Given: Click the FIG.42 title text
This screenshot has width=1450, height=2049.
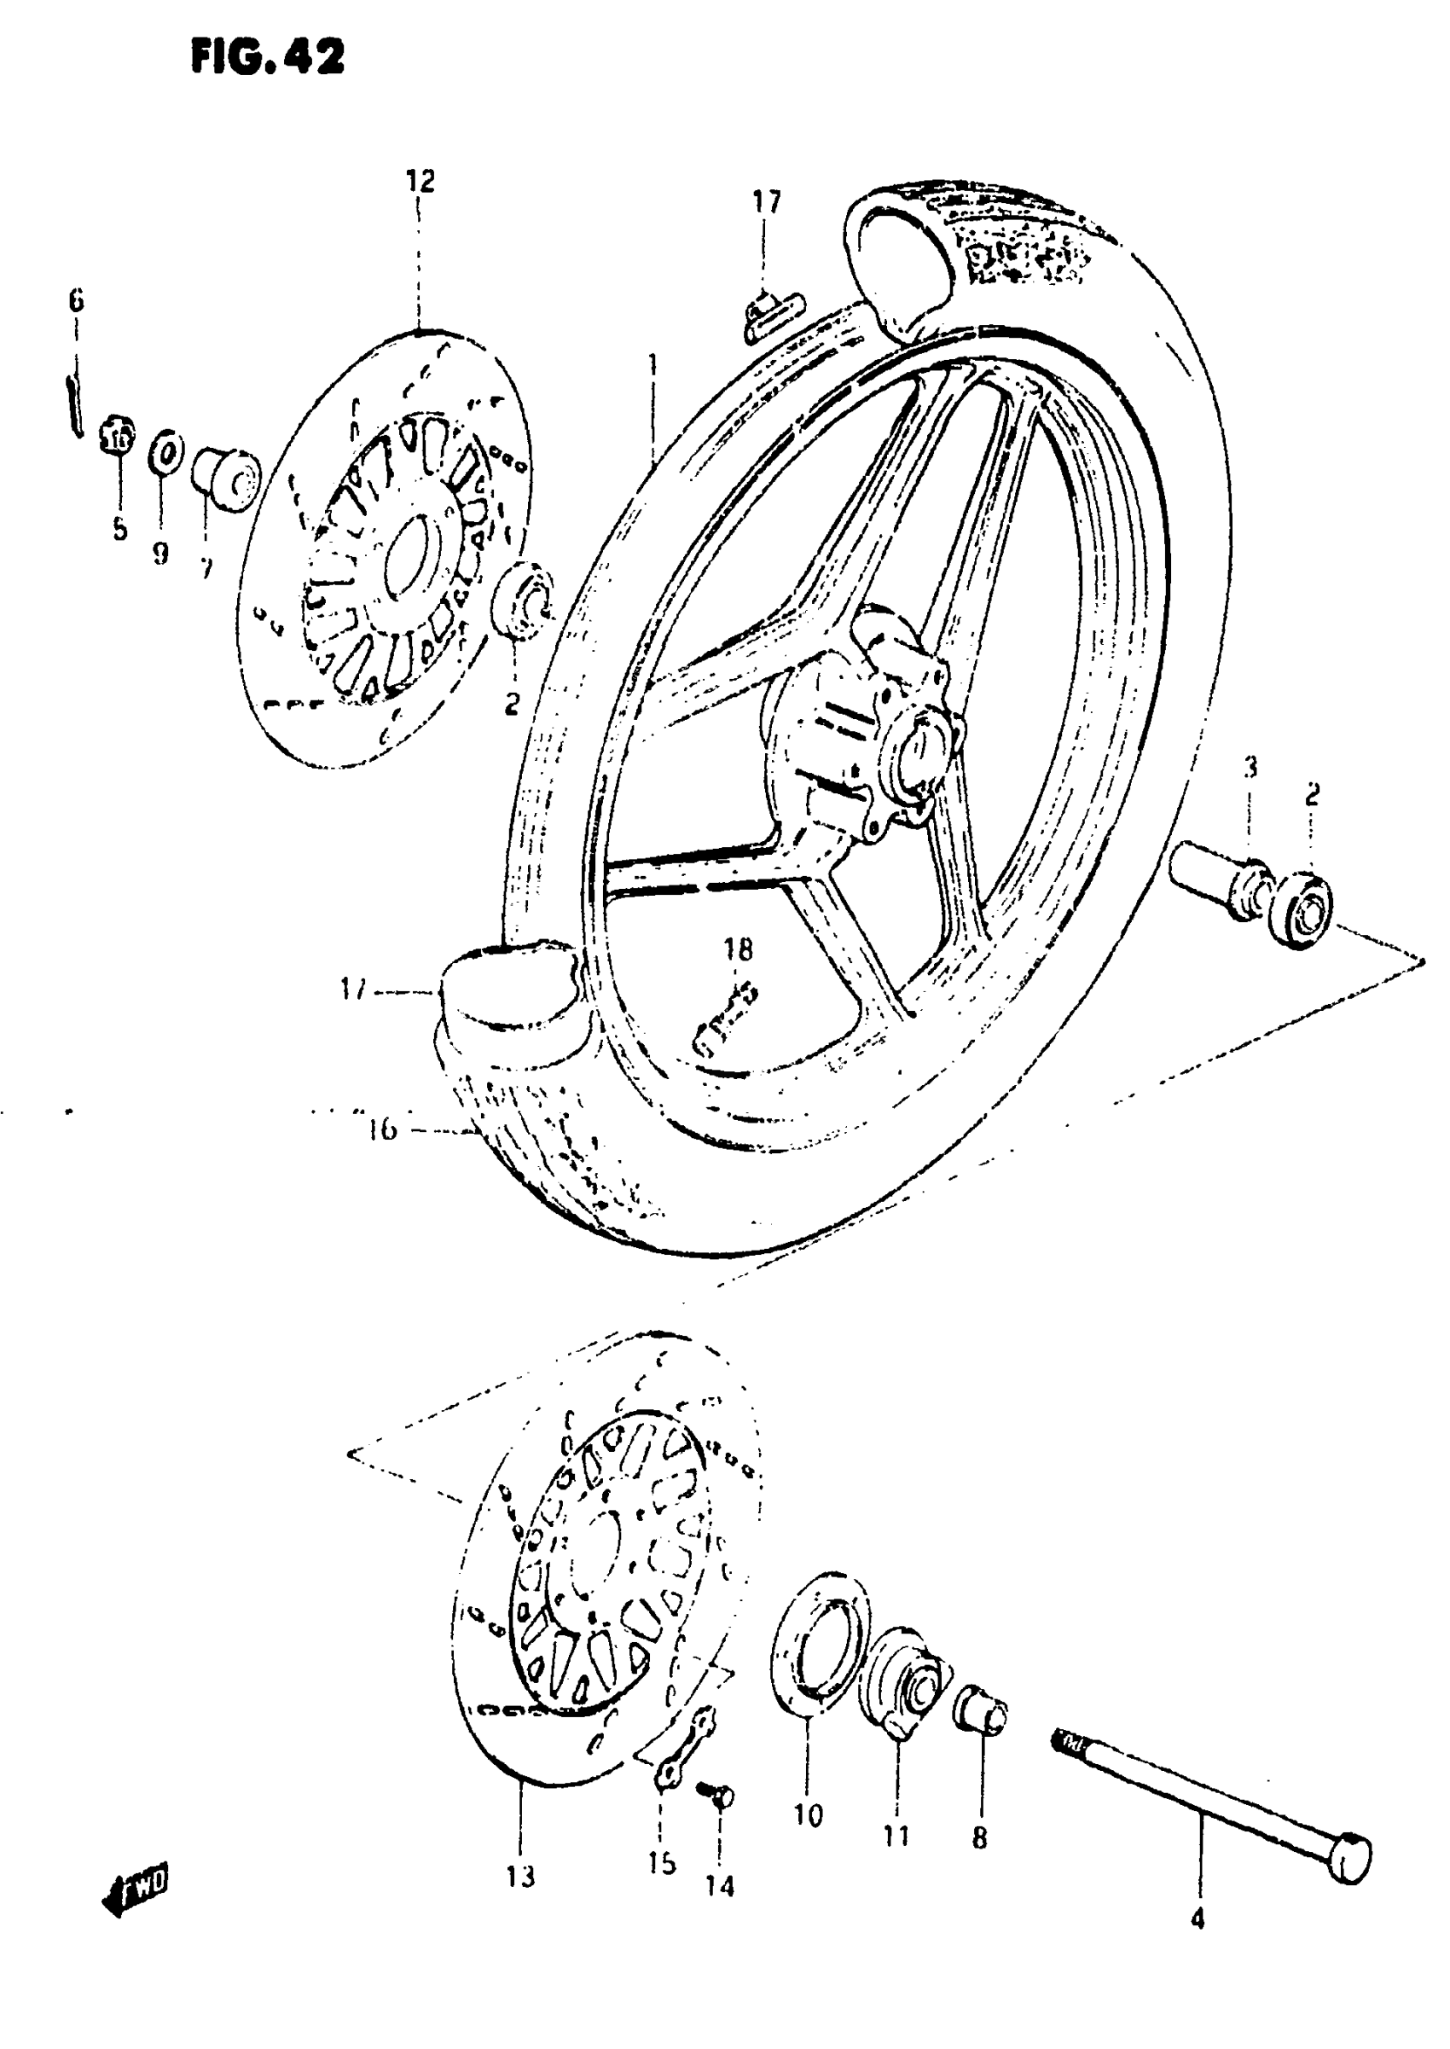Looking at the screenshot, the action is coord(267,58).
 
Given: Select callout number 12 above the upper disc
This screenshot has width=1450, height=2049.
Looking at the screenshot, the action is coord(420,181).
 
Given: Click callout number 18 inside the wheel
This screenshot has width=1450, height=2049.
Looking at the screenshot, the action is coord(739,949).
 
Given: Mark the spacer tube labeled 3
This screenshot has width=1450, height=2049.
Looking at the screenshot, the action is coord(1219,879).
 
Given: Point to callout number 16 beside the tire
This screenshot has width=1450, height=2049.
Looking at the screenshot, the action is coord(381,1130).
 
